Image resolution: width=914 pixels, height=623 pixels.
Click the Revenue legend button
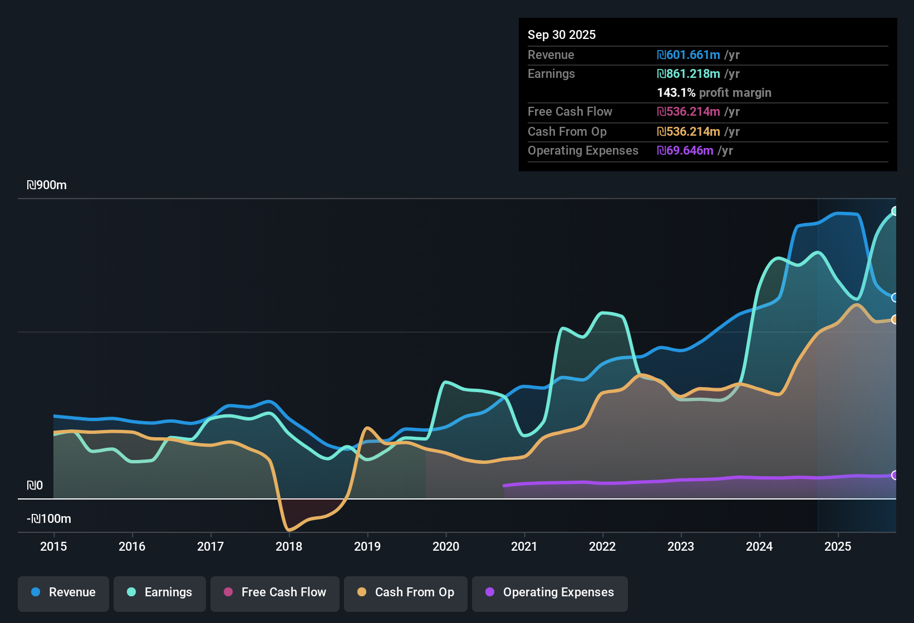coord(63,592)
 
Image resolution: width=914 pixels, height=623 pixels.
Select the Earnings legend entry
coord(160,592)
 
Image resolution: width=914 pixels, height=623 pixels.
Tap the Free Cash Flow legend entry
coord(275,592)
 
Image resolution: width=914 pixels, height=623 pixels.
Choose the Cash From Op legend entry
coord(406,592)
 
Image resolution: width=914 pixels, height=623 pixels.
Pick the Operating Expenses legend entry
coord(550,592)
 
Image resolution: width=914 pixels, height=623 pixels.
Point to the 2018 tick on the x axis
coord(289,546)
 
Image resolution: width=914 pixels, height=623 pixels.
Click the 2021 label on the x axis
coord(524,546)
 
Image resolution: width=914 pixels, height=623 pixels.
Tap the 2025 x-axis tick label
coord(837,546)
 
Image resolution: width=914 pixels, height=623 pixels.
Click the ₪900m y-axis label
coord(47,185)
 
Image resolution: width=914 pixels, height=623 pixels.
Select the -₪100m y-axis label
coord(49,519)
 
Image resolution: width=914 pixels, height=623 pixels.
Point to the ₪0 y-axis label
coord(35,486)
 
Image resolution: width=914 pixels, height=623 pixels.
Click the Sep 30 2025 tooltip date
coord(561,34)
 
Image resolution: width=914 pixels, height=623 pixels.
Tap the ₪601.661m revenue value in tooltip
coord(689,55)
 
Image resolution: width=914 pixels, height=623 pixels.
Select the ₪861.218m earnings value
coord(689,74)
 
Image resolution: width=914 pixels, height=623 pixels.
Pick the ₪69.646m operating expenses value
coord(685,151)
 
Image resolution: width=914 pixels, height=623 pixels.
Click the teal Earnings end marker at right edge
coord(895,211)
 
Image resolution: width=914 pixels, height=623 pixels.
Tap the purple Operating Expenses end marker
coord(895,475)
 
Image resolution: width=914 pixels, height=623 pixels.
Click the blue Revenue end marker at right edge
coord(895,298)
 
